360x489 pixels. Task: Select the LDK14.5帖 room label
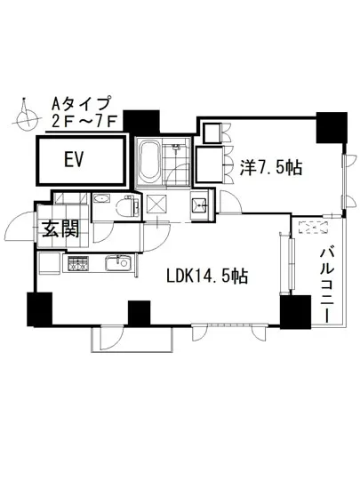pyautogui.click(x=206, y=277)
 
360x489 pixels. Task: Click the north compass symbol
pyautogui.click(x=27, y=114)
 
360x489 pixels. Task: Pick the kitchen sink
pyautogui.click(x=116, y=263)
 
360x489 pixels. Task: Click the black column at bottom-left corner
pyautogui.click(x=39, y=310)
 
